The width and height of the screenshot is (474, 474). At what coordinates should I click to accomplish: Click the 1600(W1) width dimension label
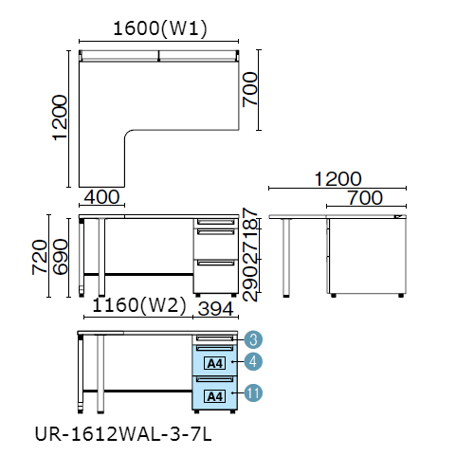tap(160, 28)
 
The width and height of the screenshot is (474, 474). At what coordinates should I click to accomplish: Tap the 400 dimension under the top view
tap(101, 197)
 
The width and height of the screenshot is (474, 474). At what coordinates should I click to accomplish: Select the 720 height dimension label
tap(40, 257)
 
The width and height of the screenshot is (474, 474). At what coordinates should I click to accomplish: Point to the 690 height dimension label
tap(60, 257)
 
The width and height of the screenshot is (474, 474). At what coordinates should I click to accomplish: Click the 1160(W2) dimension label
tap(139, 305)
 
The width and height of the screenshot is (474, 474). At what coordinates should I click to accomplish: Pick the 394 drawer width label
tap(216, 309)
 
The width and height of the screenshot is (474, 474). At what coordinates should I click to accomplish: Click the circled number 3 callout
tap(253, 339)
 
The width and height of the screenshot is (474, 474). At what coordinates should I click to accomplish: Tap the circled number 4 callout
tap(253, 361)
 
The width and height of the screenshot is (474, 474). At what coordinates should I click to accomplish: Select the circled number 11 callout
tap(253, 392)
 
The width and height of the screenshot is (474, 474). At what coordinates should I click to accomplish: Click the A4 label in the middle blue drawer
tap(215, 363)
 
